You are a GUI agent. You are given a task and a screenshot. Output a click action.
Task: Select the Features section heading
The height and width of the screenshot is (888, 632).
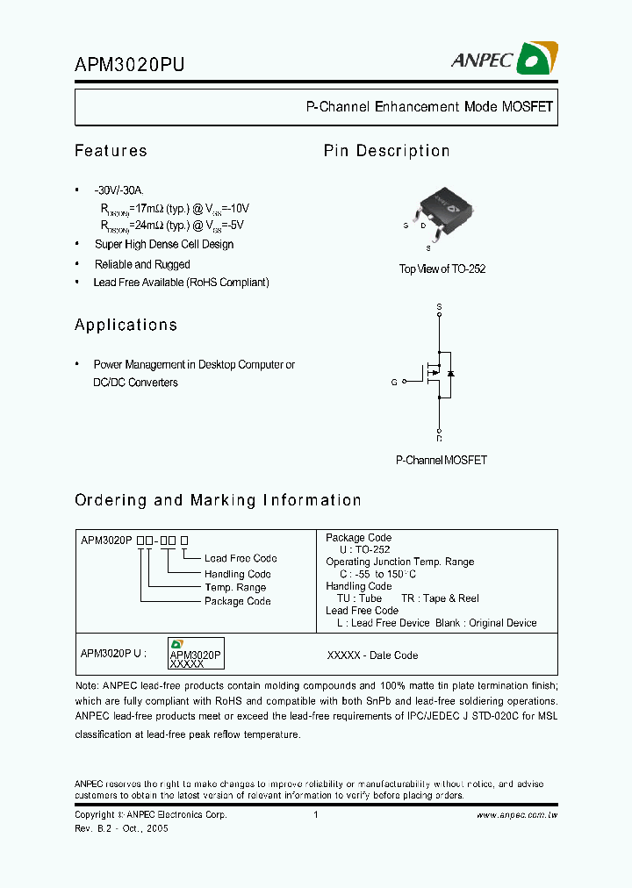pos(111,151)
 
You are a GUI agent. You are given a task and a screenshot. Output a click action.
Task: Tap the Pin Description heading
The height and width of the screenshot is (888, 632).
pos(386,151)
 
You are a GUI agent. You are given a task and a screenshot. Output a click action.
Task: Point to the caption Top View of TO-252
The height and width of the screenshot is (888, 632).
pos(442,269)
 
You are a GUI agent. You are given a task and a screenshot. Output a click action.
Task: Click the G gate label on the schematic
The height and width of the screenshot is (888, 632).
pos(394,383)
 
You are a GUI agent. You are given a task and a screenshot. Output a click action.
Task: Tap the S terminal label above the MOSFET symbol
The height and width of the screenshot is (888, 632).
pos(440,306)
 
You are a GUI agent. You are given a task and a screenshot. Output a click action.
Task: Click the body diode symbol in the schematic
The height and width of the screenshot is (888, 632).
pos(450,374)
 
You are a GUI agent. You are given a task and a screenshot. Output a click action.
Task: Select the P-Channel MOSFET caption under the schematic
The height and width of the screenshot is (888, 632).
pos(442,460)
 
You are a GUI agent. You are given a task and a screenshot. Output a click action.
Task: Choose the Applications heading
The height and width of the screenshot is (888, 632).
pos(126,325)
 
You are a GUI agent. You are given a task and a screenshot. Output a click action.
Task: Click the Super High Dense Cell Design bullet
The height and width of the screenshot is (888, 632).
pos(164,245)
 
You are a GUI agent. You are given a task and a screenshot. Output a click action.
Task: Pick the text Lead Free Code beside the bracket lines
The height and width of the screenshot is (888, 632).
pos(241,558)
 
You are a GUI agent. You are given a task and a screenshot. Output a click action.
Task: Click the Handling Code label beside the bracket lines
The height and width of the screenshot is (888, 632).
pos(238,574)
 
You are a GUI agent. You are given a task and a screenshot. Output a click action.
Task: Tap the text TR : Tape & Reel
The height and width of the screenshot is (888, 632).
pos(450,598)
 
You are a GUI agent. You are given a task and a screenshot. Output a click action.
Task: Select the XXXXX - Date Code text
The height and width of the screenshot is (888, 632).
pos(372,655)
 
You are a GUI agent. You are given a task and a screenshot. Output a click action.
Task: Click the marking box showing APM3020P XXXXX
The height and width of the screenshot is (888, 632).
pos(196,655)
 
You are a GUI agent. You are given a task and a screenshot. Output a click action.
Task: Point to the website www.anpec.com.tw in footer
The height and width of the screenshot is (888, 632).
pos(517,815)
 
